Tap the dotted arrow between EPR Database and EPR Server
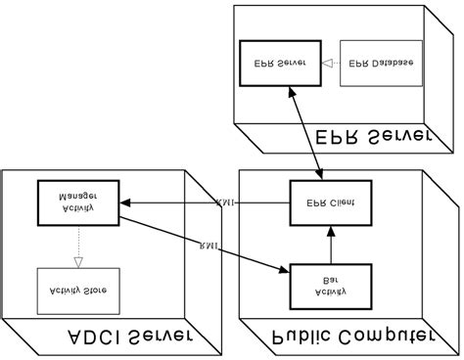(x=330, y=63)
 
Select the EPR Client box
(x=331, y=202)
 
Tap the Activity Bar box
(x=331, y=286)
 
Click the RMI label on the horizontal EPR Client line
(x=226, y=203)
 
